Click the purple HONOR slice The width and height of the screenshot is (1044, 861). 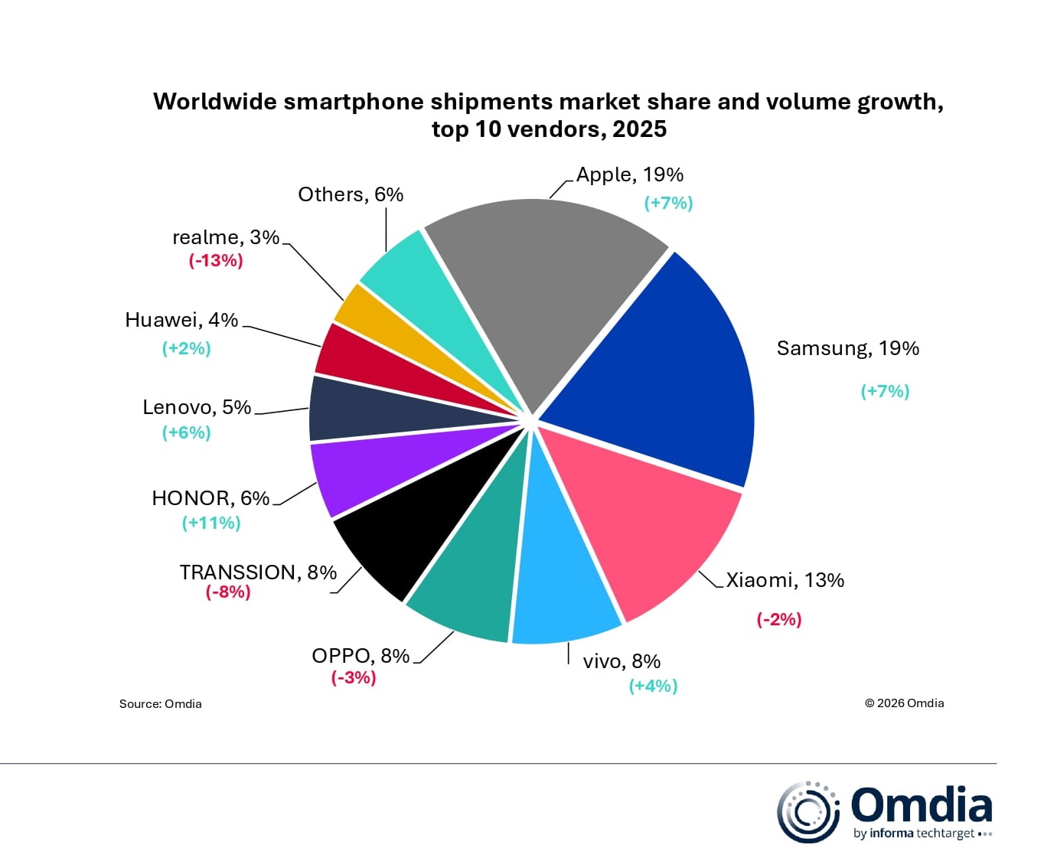pos(367,471)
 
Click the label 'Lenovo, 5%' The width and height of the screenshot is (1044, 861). pos(197,407)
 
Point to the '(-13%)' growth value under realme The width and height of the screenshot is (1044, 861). pos(216,261)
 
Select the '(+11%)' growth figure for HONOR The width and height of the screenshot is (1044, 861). pos(211,523)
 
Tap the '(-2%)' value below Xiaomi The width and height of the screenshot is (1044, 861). pos(779,619)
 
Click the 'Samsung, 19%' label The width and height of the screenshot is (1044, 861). pos(847,348)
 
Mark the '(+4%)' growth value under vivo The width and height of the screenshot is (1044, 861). pos(653,686)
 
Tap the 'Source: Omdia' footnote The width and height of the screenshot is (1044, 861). pos(160,704)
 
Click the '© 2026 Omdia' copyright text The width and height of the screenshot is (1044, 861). pos(904,703)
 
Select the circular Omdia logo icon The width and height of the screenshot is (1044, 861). pos(807,812)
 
